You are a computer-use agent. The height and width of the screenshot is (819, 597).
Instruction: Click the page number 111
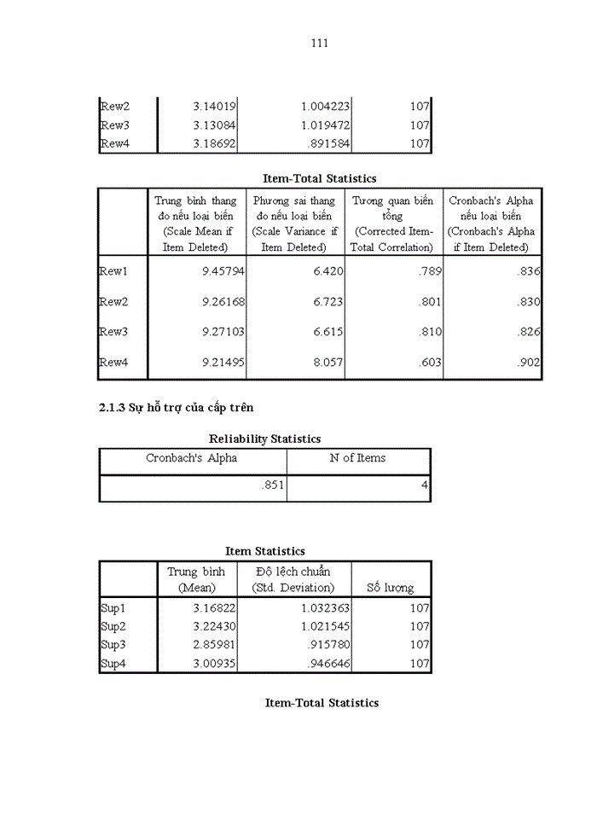pyautogui.click(x=320, y=44)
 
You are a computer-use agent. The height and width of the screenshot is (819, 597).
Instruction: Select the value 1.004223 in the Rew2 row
pyautogui.click(x=325, y=106)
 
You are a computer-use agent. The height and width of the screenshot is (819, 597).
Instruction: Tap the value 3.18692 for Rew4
pyautogui.click(x=214, y=144)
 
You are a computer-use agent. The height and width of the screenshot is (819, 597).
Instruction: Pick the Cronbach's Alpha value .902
pyautogui.click(x=529, y=363)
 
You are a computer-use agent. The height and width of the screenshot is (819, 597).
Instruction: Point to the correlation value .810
pyautogui.click(x=430, y=332)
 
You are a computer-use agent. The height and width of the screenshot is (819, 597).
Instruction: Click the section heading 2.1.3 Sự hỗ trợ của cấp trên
pyautogui.click(x=177, y=408)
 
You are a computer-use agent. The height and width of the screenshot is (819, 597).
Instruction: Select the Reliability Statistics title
pyautogui.click(x=265, y=439)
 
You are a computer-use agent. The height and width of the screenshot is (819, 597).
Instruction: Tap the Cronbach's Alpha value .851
pyautogui.click(x=274, y=488)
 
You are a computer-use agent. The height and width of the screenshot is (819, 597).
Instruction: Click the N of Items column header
pyautogui.click(x=358, y=458)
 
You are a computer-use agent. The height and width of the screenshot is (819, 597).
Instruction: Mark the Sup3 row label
pyautogui.click(x=113, y=645)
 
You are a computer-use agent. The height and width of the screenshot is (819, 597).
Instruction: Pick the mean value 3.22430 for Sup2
pyautogui.click(x=214, y=626)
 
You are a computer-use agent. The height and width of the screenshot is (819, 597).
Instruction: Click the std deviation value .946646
pyautogui.click(x=325, y=664)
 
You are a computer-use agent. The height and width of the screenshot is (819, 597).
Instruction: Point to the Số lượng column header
pyautogui.click(x=391, y=588)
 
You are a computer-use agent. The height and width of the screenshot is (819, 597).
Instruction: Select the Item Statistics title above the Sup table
pyautogui.click(x=265, y=551)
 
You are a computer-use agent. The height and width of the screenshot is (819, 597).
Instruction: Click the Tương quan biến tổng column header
pyautogui.click(x=393, y=224)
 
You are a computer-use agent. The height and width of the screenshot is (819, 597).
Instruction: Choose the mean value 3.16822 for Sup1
pyautogui.click(x=214, y=608)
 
